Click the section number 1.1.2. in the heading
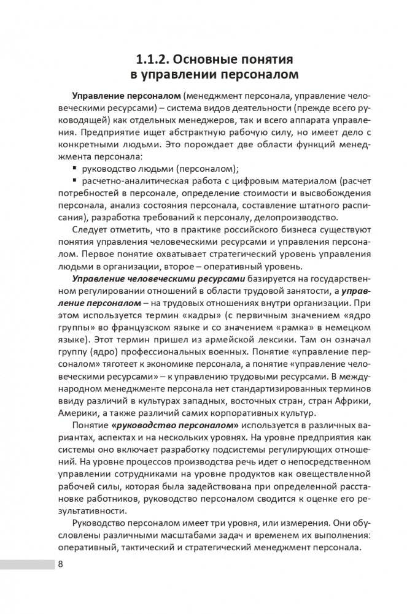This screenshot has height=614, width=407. tap(153, 59)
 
